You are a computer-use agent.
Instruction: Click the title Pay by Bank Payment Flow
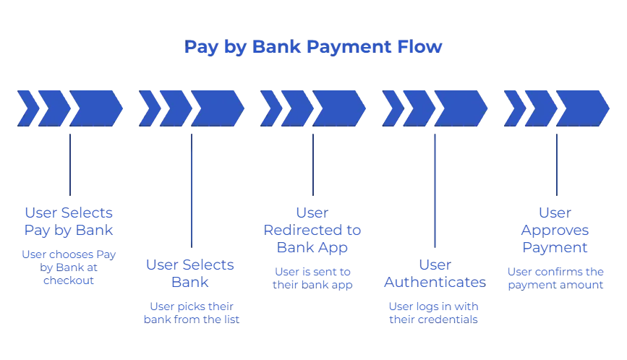(312, 48)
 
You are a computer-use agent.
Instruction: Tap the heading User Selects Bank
(191, 273)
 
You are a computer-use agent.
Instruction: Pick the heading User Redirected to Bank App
(312, 230)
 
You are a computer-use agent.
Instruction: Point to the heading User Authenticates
(434, 273)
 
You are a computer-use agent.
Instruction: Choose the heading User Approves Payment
(555, 230)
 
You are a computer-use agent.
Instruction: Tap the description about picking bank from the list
(191, 312)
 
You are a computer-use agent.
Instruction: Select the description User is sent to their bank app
(312, 279)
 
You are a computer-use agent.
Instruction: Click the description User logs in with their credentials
(434, 312)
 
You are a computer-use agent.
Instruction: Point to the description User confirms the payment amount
(555, 279)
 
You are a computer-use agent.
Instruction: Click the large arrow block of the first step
(94, 108)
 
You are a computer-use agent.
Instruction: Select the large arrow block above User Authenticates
(460, 108)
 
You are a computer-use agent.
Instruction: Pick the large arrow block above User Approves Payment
(581, 108)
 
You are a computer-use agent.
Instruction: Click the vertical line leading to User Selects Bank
(192, 188)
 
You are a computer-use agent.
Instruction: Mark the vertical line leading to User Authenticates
(435, 188)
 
